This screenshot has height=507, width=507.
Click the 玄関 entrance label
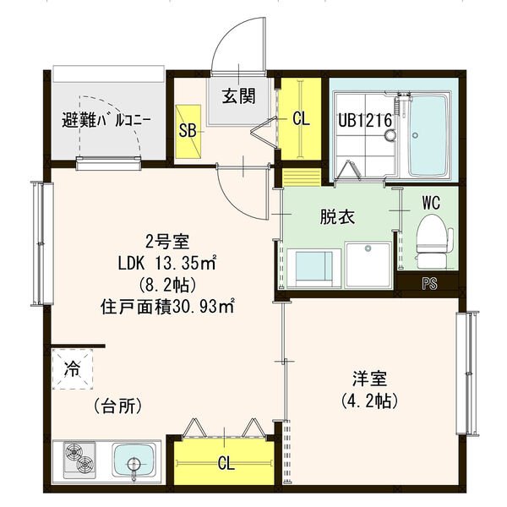click(x=239, y=95)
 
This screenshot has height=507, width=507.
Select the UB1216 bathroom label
click(x=365, y=120)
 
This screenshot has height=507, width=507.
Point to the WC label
click(x=431, y=203)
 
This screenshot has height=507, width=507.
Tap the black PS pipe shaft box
click(x=429, y=284)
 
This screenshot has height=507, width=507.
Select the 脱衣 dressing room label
click(x=336, y=217)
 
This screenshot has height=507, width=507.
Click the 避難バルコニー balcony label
click(x=107, y=119)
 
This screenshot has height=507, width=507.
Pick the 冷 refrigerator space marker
click(x=73, y=369)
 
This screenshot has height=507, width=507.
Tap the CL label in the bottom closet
click(x=226, y=463)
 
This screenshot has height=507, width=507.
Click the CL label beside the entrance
click(x=301, y=119)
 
